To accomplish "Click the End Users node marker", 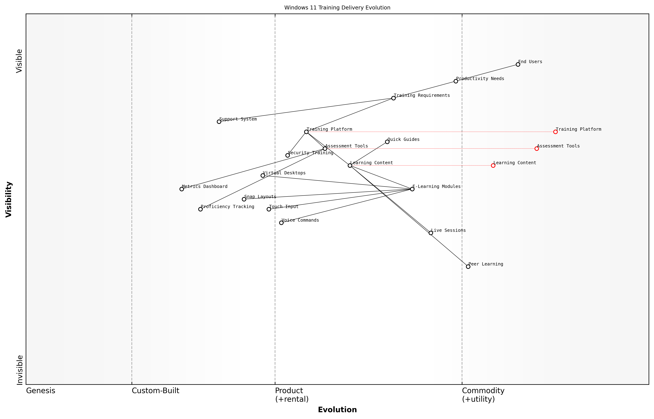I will [518, 65].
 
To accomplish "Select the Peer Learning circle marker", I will [468, 267].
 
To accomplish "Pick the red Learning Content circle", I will [493, 165].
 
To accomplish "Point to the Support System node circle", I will [219, 122].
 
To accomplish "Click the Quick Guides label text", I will [403, 139].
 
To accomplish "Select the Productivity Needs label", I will [480, 79].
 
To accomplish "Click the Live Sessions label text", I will [448, 230].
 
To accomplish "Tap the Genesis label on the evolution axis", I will [41, 391].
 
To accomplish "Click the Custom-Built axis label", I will [155, 391].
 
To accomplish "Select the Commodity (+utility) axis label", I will [483, 395].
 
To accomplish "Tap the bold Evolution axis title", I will [337, 410].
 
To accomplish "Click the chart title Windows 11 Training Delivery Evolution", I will [337, 8].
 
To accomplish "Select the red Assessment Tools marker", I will [536, 149].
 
